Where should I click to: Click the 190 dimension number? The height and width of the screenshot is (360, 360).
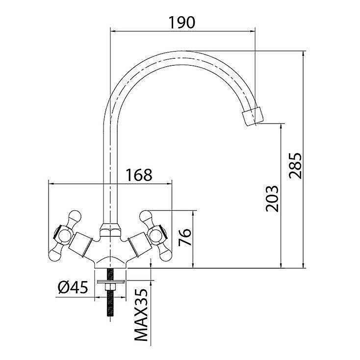coord(182,23)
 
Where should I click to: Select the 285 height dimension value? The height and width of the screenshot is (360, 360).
coord(295,165)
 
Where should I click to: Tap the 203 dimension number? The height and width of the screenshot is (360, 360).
coord(272,198)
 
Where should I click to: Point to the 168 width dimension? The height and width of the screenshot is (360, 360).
coord(139,175)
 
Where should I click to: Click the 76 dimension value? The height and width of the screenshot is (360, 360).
coord(185,237)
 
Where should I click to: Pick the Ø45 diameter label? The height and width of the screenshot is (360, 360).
coord(73,287)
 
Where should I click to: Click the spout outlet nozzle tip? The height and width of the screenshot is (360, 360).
coord(253,116)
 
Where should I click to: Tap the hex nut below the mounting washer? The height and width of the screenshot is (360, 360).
coord(110,287)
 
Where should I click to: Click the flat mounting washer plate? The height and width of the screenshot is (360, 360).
coord(111,282)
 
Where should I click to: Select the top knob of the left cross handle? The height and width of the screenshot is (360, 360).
coord(75,217)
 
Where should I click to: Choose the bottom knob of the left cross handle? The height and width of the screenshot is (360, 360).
coord(56,254)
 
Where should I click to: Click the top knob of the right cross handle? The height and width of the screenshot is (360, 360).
coord(146,217)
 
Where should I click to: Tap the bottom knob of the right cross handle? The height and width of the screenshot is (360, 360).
coord(165,254)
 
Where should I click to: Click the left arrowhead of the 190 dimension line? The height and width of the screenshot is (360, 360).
coord(113,31)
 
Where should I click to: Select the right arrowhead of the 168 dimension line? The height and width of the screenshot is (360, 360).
coord(169,183)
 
